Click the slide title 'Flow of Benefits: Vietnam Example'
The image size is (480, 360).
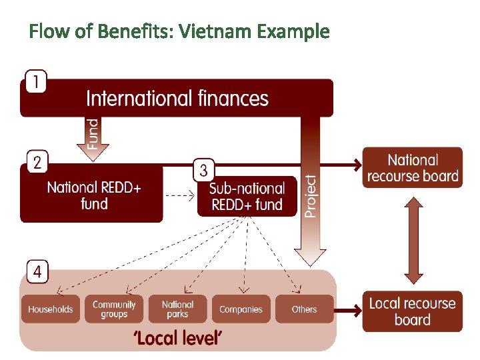pos(179,31)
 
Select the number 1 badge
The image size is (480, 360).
pos(36,82)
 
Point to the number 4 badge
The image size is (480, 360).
pos(37,271)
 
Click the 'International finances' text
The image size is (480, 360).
pos(177,99)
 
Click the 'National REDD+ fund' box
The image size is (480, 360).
pos(93,195)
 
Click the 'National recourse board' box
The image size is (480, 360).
pos(413,168)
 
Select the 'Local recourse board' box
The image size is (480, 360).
pos(413,311)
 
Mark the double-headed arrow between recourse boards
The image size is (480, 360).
pos(413,239)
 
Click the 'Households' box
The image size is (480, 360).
pos(51,309)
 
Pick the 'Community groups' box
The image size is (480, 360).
pos(114,309)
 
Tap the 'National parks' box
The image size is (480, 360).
pos(177,309)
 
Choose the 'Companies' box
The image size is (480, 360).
pos(241,309)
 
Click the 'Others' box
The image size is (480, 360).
pos(304,309)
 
